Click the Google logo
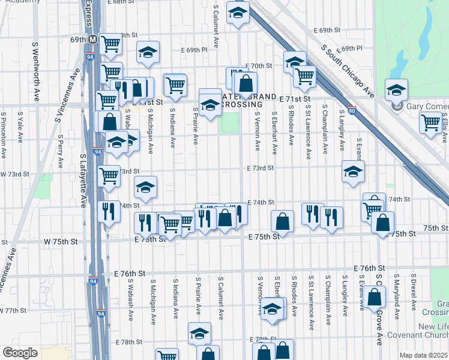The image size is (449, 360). (20, 353)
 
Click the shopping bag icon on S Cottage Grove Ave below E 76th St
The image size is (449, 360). (375, 296)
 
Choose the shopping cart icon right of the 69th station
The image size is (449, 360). (110, 43)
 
